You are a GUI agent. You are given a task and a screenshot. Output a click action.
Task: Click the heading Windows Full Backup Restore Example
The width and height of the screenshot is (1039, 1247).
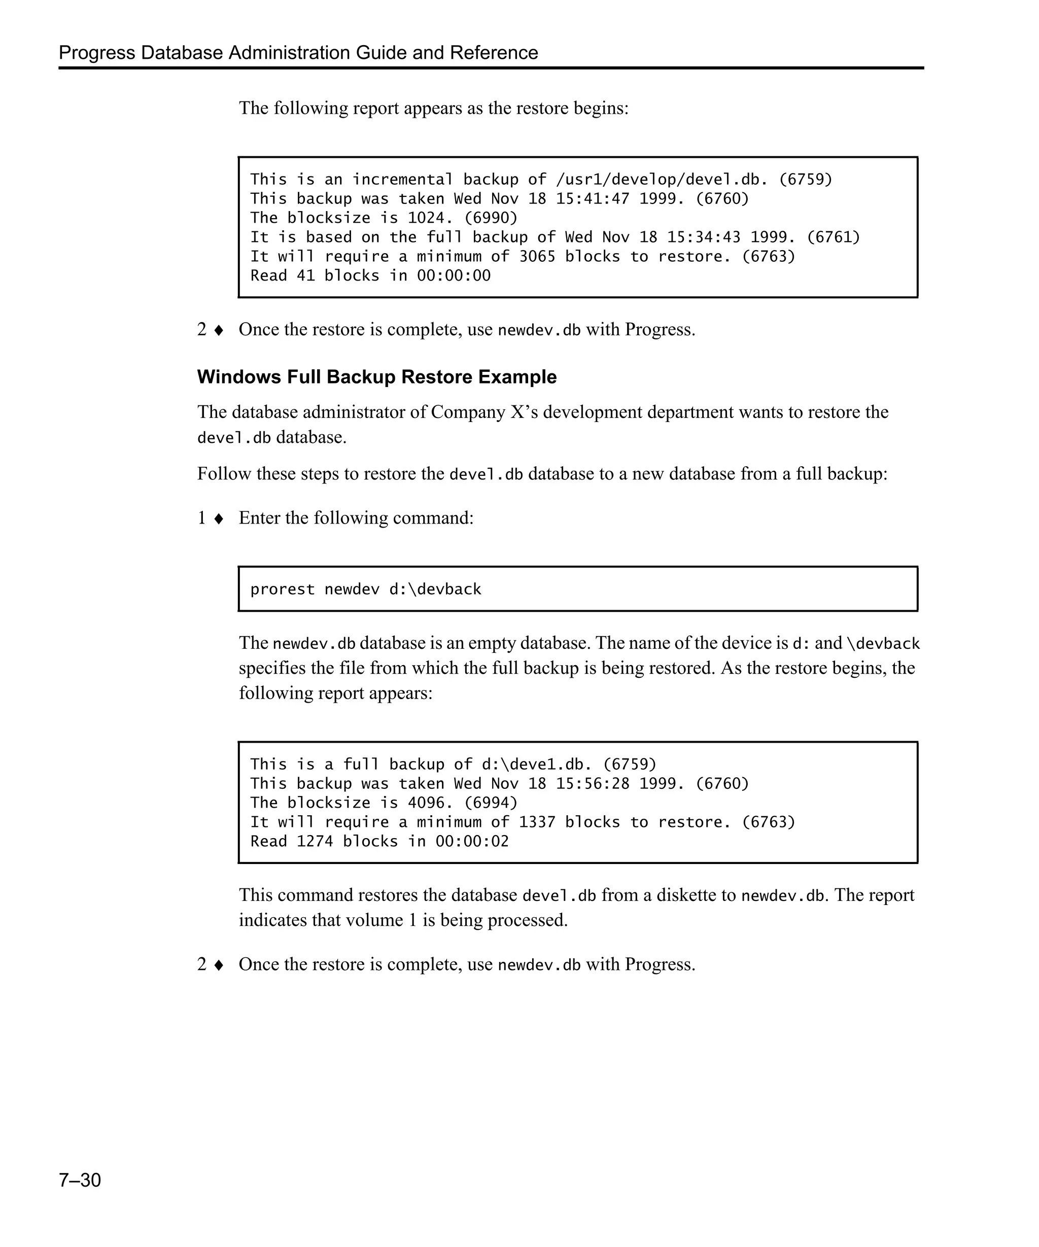[376, 377]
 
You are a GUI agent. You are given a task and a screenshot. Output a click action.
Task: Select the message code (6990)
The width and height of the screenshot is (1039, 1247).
[491, 218]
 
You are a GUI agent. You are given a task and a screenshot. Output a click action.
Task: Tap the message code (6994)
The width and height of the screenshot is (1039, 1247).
[491, 803]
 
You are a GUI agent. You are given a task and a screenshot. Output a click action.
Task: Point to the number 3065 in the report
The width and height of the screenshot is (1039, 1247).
[537, 257]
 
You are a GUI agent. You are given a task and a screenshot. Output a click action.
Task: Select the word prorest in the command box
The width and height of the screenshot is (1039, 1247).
[282, 590]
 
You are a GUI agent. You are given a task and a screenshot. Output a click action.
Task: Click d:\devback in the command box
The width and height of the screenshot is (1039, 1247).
[435, 590]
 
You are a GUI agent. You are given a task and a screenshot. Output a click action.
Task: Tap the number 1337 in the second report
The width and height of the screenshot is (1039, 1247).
[537, 822]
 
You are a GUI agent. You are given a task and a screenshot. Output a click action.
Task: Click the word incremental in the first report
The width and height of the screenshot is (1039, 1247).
[402, 179]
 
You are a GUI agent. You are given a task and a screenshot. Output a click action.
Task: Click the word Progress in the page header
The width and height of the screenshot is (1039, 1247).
[97, 53]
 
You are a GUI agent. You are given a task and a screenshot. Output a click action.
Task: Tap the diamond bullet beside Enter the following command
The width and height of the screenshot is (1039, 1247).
[219, 518]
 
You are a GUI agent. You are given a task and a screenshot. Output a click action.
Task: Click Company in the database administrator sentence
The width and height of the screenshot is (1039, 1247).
[468, 412]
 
